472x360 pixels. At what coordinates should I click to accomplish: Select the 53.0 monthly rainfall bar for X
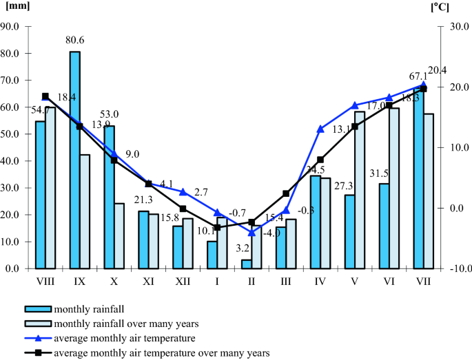(x=109, y=197)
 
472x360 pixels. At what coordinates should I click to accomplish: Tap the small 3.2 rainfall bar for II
(x=247, y=264)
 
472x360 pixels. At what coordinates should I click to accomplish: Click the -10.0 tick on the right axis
(x=456, y=268)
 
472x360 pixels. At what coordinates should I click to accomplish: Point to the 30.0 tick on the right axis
(x=456, y=27)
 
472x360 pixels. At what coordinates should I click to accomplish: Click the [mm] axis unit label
(x=17, y=6)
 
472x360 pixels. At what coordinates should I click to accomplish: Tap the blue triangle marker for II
(x=252, y=233)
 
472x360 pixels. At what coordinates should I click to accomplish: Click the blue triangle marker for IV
(x=320, y=129)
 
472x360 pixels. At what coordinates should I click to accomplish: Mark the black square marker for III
(x=286, y=193)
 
